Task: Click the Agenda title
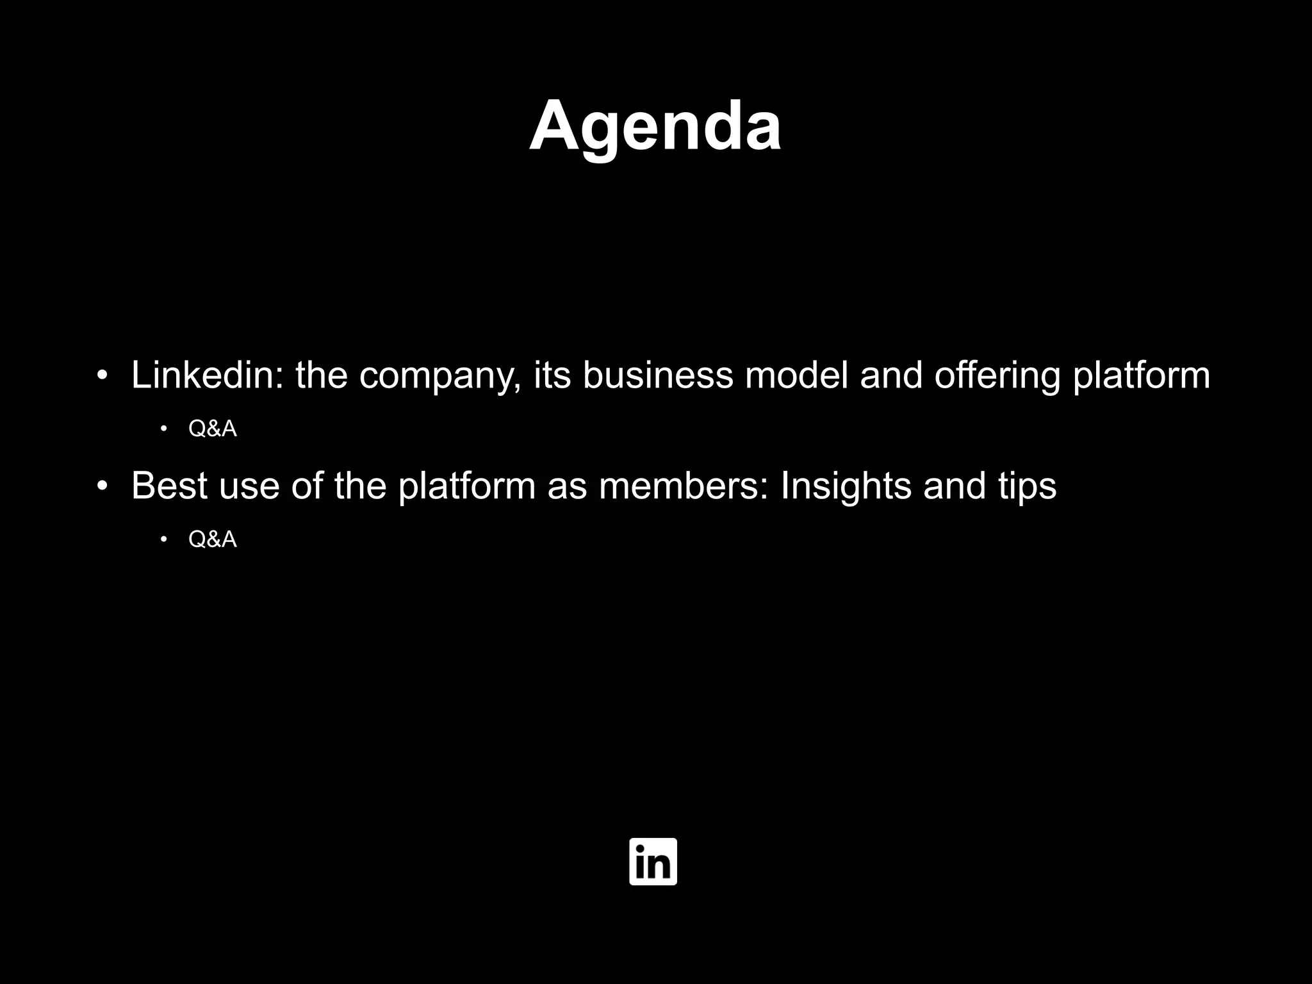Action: [655, 126]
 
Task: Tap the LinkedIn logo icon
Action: [653, 862]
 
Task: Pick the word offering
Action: [997, 376]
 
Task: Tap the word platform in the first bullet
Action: [1142, 376]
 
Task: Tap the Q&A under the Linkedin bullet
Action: [213, 429]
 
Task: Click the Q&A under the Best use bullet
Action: [213, 540]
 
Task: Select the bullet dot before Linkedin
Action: [102, 376]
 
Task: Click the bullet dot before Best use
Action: [102, 487]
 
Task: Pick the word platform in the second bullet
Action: [466, 487]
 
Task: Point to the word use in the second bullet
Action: [249, 487]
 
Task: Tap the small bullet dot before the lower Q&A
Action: [164, 539]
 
